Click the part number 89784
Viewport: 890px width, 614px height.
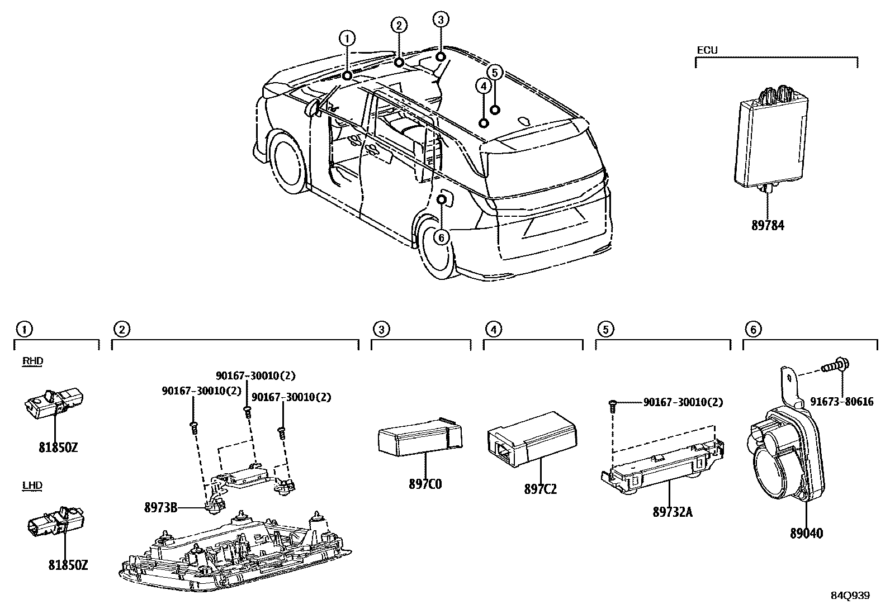pos(768,226)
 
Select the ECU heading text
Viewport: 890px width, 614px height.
pos(707,50)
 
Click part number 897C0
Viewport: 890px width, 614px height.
pos(425,484)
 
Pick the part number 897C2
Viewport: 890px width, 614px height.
pos(540,489)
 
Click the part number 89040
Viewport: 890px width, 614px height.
pos(806,533)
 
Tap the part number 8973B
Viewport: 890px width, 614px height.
pos(161,507)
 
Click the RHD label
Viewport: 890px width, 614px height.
pos(32,361)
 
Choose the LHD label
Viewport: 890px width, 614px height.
pos(32,486)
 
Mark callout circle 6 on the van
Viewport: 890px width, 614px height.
pos(441,237)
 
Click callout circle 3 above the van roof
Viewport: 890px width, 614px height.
pos(441,20)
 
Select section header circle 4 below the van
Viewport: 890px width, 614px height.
pos(493,330)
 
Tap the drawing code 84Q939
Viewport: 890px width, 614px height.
pos(850,596)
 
